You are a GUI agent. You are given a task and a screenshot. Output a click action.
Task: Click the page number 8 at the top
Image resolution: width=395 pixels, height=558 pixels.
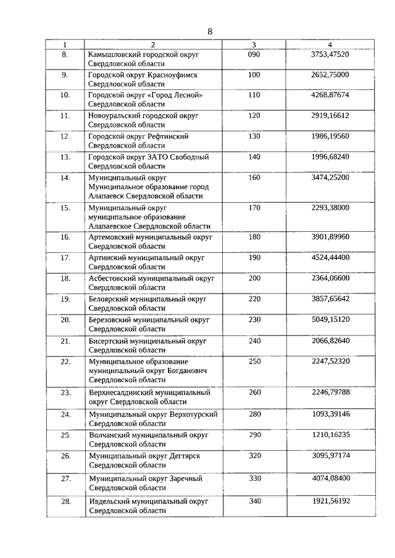click(210, 31)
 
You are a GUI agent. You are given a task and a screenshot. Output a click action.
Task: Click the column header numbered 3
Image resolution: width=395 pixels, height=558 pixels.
click(254, 44)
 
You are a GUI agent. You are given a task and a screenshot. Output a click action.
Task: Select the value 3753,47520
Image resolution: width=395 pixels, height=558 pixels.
click(330, 54)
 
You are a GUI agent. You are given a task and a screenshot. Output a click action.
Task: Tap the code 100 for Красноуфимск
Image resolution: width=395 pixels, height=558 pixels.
click(254, 75)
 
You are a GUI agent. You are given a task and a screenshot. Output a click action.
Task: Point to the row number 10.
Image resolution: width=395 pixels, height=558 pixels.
click(65, 95)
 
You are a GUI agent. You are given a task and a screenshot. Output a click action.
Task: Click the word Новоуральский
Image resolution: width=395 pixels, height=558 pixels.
click(113, 115)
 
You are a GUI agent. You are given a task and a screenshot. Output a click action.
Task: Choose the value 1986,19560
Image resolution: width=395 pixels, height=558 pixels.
click(330, 136)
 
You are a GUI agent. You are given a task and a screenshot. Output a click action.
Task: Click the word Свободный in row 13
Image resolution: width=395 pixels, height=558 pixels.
click(189, 157)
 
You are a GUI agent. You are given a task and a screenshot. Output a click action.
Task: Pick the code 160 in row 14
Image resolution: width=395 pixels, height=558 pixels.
click(254, 177)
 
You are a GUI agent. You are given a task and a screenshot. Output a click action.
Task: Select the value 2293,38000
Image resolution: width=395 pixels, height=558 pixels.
click(330, 207)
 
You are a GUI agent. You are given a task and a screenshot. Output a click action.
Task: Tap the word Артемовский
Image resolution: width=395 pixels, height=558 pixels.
click(111, 237)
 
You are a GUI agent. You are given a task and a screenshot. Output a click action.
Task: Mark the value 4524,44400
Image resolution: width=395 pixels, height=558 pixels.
click(330, 257)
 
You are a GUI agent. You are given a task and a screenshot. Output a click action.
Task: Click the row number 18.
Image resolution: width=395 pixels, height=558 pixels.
click(65, 278)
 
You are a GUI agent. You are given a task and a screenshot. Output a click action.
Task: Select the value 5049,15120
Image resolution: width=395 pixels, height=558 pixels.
click(330, 319)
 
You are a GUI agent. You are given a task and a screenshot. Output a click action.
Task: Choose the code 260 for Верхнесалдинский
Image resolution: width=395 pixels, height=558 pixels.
click(254, 392)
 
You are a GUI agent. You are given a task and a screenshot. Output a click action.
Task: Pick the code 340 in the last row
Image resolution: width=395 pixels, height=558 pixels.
click(254, 501)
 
